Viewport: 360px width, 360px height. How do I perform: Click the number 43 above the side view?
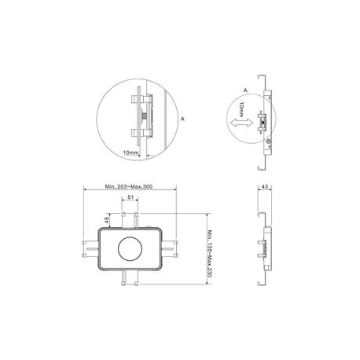tap(265, 186)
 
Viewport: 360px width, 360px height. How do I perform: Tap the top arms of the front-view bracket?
tap(130, 220)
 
